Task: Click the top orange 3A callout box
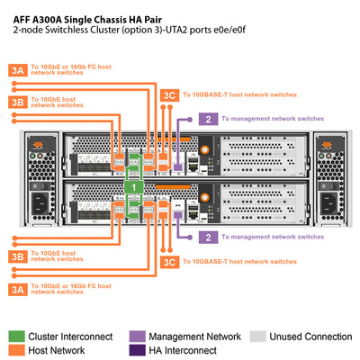[18, 68]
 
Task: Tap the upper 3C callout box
[168, 94]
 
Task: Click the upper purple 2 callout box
[208, 118]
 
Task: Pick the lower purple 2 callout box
[208, 237]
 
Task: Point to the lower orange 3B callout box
[18, 256]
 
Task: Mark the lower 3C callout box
[168, 261]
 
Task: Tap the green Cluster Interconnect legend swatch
[16, 336]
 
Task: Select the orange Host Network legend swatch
[16, 350]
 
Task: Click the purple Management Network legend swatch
[137, 336]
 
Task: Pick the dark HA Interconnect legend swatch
[137, 350]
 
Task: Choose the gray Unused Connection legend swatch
[257, 336]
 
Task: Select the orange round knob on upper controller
[206, 148]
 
